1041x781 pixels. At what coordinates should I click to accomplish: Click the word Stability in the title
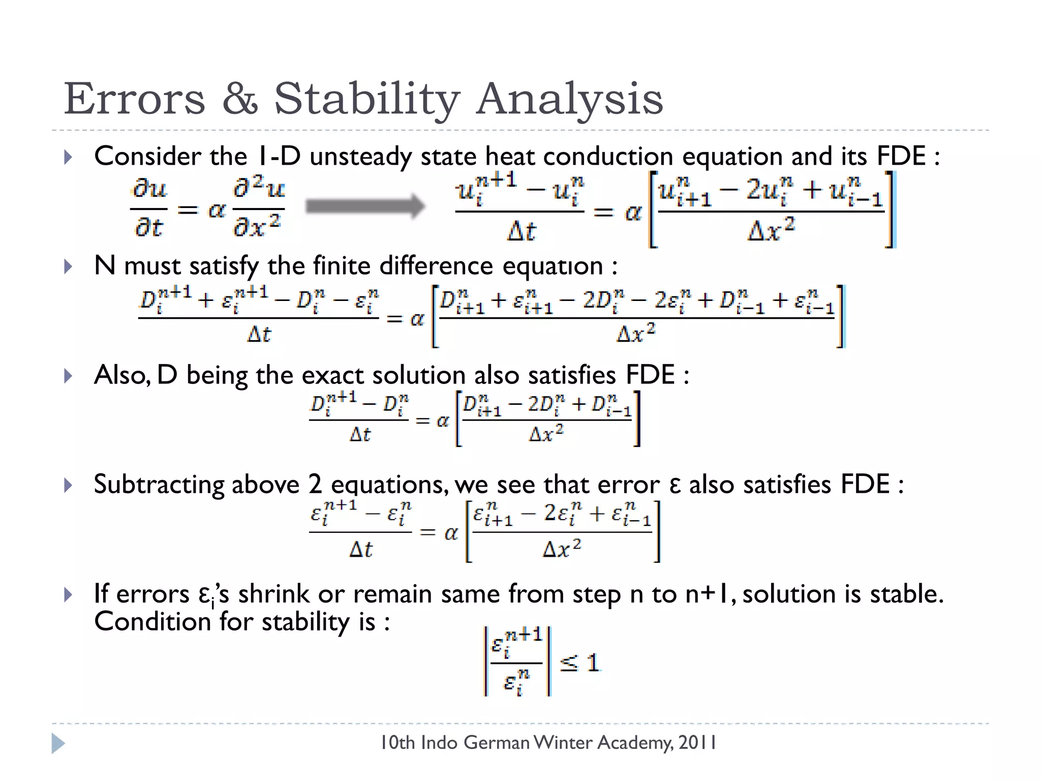tap(367, 99)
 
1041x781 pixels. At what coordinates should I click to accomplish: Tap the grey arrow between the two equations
tap(365, 206)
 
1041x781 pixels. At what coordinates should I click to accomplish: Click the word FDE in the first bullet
tap(901, 156)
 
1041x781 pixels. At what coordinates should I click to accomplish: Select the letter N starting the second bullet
tap(105, 265)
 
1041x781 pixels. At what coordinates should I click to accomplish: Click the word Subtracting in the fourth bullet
tap(159, 484)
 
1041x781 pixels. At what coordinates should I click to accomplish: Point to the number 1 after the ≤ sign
tap(593, 663)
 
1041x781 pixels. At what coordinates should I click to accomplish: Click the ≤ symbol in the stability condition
tap(569, 663)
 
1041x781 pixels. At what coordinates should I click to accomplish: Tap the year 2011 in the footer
tap(697, 743)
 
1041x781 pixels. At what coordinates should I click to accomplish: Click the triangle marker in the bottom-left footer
tap(58, 743)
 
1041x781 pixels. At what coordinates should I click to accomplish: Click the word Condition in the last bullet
tap(152, 622)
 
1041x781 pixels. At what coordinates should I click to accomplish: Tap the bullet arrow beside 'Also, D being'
tap(68, 376)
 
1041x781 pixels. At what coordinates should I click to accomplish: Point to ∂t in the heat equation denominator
tap(148, 227)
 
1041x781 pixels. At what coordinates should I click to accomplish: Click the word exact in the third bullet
tap(332, 375)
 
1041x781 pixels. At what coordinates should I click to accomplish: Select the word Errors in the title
tap(135, 99)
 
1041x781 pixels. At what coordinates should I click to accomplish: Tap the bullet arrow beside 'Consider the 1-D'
tap(68, 157)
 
